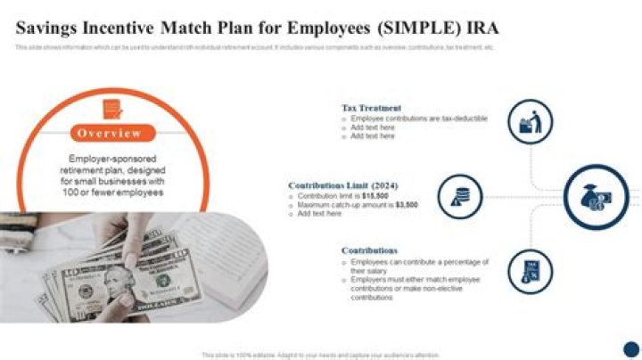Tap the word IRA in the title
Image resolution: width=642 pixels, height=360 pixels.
(478, 28)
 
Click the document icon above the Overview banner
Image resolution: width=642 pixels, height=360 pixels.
(111, 109)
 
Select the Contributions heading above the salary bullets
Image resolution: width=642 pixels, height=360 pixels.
(369, 250)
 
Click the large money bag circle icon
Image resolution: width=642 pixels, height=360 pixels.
(596, 197)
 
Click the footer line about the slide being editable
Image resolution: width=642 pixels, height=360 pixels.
(320, 355)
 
